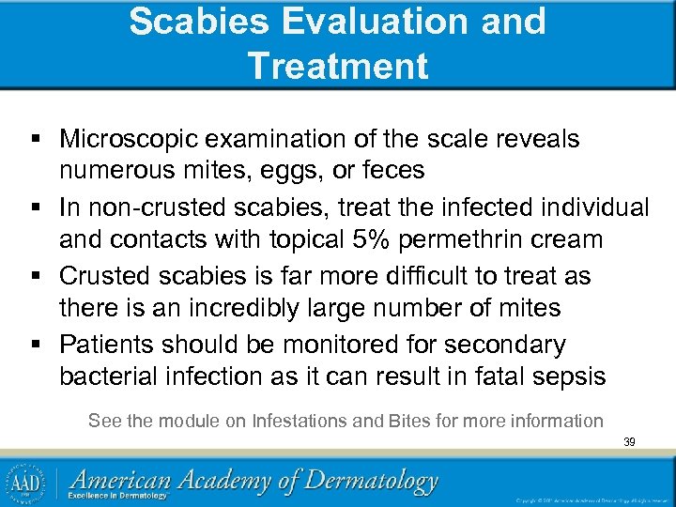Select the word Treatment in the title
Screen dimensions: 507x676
338,66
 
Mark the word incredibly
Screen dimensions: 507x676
253,308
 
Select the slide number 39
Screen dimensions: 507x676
629,441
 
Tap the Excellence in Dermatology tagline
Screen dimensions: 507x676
122,496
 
